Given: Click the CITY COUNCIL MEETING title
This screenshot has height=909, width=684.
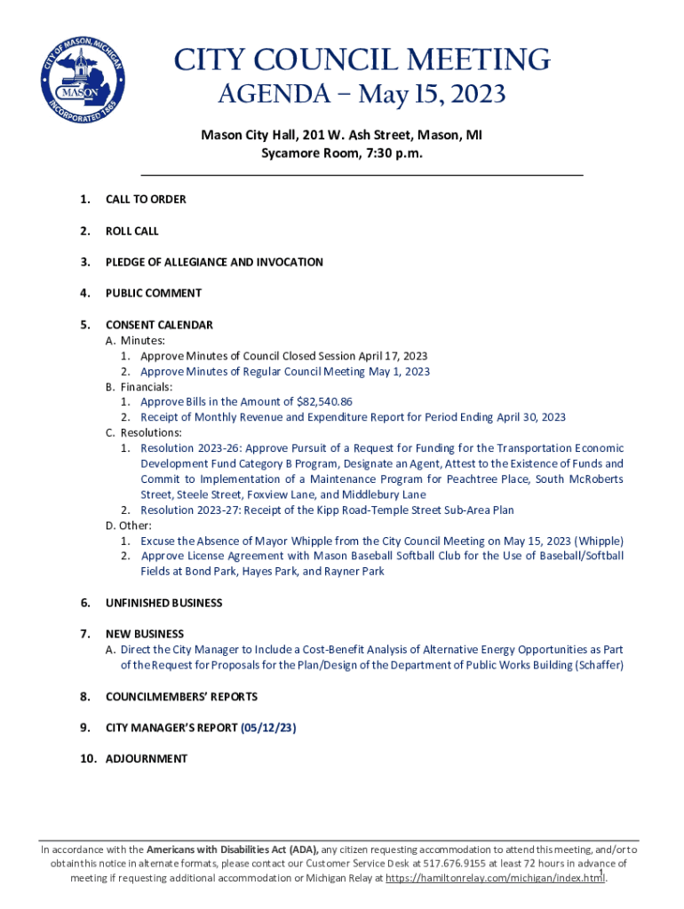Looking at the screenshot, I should click(x=362, y=60).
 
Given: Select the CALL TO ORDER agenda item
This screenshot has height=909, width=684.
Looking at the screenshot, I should click(x=146, y=200).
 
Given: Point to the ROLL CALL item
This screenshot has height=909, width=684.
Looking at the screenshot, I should click(x=132, y=231).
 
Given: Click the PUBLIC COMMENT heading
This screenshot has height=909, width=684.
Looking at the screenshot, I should click(x=154, y=293).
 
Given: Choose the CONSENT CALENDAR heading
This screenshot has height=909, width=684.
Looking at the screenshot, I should click(x=159, y=325).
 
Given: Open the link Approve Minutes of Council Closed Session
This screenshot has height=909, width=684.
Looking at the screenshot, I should click(x=283, y=356).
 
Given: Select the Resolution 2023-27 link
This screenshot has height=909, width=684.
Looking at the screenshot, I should click(x=193, y=510).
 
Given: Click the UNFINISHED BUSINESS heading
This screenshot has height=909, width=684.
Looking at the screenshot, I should click(x=164, y=603).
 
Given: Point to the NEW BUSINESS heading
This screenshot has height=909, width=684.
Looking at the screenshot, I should click(x=145, y=634).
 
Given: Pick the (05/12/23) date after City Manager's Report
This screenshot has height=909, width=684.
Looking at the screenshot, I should click(x=268, y=728).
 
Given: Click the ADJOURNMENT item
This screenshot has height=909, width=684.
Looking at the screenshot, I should click(x=147, y=759).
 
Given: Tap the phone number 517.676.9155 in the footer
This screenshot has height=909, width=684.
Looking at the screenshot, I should click(x=457, y=863).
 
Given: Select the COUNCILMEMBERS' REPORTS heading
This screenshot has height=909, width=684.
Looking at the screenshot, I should click(x=181, y=697).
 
